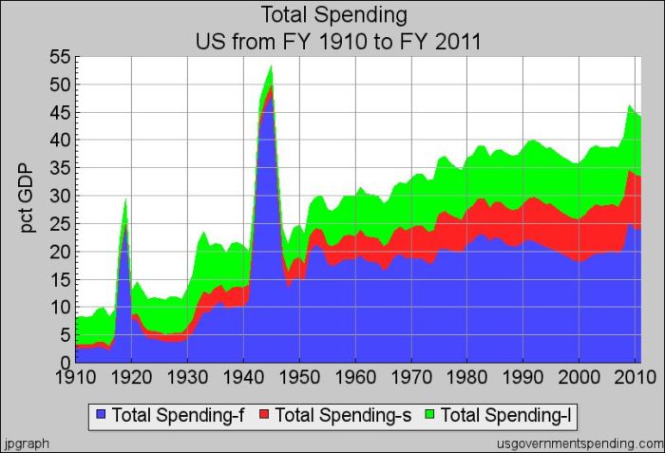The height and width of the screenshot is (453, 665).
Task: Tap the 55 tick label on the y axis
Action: [x=59, y=57]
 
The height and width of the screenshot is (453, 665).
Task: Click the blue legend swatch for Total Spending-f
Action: [x=102, y=415]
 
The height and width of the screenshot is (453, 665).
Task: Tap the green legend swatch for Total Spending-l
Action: [x=431, y=415]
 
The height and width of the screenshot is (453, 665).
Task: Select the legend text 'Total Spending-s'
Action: [x=339, y=415]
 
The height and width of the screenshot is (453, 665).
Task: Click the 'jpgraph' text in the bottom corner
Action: [x=26, y=444]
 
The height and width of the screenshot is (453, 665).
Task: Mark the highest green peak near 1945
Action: [x=272, y=66]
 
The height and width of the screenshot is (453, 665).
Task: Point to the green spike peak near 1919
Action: [x=125, y=199]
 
